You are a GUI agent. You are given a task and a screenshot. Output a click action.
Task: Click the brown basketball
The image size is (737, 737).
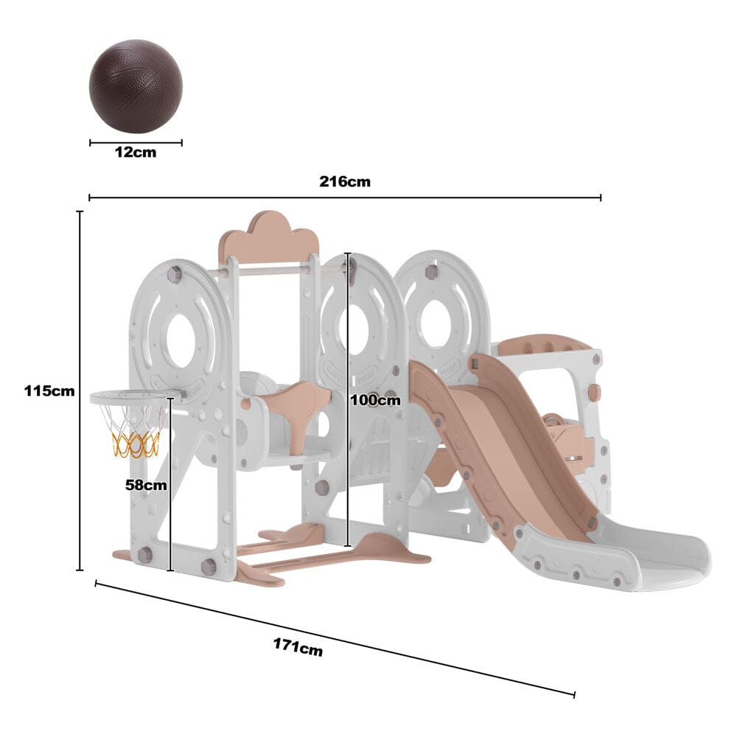pyautogui.click(x=136, y=86)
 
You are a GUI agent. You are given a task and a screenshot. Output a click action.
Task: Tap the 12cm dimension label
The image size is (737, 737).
pyautogui.click(x=136, y=153)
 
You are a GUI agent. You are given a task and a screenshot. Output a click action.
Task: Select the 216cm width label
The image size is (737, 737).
pyautogui.click(x=345, y=181)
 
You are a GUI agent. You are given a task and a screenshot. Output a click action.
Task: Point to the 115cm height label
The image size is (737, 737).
pyautogui.click(x=49, y=391)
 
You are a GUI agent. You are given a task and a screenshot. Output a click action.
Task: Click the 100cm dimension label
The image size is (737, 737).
pyautogui.click(x=376, y=399)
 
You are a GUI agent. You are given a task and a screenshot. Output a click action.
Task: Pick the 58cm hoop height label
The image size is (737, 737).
pyautogui.click(x=147, y=485)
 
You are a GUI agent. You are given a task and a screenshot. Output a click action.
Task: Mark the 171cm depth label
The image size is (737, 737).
pyautogui.click(x=298, y=647)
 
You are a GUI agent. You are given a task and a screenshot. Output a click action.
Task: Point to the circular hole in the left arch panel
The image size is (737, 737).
pyautogui.click(x=181, y=341)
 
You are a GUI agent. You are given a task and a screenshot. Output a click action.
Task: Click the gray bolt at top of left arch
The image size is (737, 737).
pyautogui.click(x=174, y=275)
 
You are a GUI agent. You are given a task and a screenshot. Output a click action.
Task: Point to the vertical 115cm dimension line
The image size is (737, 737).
pyautogui.click(x=80, y=391)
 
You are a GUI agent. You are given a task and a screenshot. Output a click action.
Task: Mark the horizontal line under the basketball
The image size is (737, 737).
pyautogui.click(x=136, y=143)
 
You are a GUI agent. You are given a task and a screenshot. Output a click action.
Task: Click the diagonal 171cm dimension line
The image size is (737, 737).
pyautogui.click(x=335, y=638)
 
